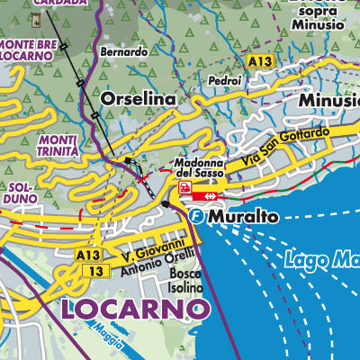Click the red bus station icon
point(184,187)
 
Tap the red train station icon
point(209,193)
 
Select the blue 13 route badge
point(90,270)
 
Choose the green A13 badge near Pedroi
point(260,60)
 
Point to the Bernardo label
point(124,52)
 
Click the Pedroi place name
point(223,80)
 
